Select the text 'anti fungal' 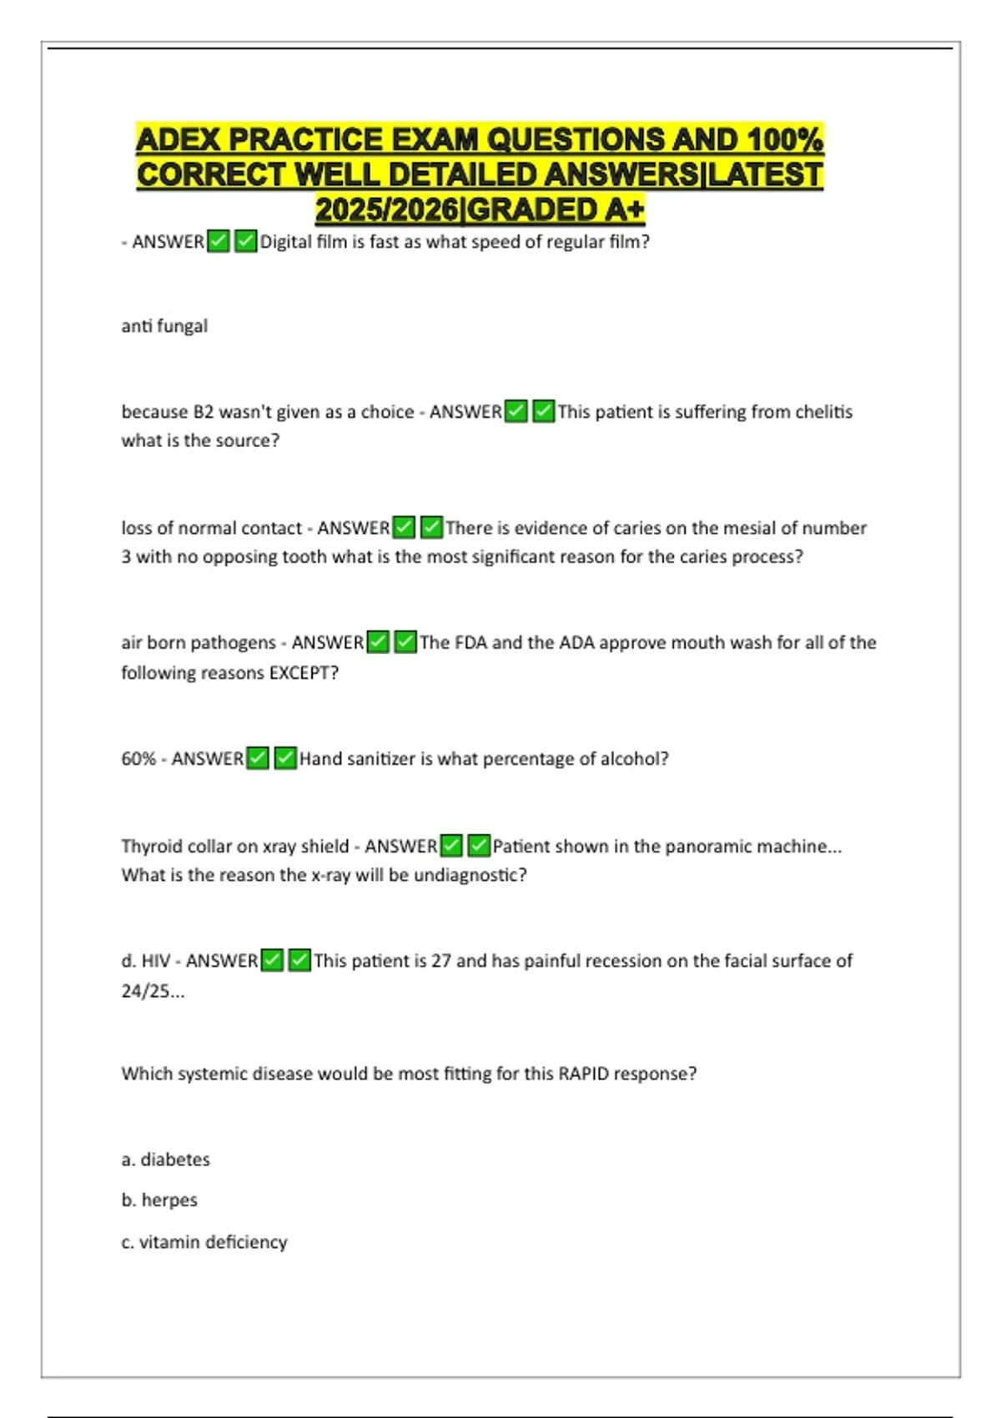(x=164, y=326)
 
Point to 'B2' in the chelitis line (x=204, y=412)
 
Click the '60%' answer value (x=138, y=759)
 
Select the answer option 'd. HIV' (x=146, y=961)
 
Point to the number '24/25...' (x=153, y=992)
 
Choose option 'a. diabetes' (x=165, y=1159)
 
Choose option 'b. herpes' (x=159, y=1200)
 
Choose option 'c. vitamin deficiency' (x=204, y=1242)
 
